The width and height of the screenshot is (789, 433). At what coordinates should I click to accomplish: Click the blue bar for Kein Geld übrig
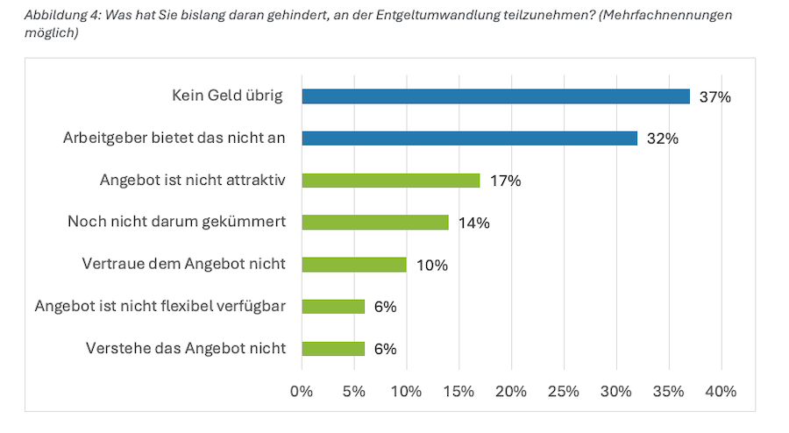[495, 96]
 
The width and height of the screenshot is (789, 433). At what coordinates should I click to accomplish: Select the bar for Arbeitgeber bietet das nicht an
[469, 138]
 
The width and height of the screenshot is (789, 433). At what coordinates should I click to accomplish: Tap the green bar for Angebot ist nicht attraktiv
[391, 181]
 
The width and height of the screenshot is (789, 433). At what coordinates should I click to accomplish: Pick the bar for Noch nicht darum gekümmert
[375, 223]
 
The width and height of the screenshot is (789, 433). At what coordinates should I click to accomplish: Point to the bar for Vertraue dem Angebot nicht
[354, 265]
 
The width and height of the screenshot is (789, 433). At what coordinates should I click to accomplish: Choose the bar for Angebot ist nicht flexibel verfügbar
[333, 307]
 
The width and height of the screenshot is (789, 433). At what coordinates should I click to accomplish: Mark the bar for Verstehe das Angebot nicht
[333, 349]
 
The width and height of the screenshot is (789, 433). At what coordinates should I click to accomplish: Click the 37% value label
[714, 96]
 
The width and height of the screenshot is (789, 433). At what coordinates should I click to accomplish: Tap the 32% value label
[662, 138]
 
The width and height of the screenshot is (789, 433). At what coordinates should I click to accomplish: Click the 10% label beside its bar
[431, 265]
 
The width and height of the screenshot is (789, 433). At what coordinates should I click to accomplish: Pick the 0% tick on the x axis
[302, 390]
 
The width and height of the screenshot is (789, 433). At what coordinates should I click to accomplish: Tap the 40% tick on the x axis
[721, 390]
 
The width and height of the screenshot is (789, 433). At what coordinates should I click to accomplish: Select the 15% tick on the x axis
[458, 390]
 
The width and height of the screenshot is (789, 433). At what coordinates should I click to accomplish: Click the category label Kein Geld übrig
[227, 96]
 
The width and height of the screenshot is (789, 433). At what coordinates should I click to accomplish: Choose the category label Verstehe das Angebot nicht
[186, 348]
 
